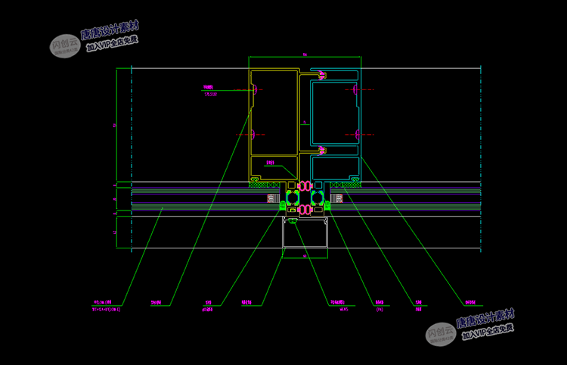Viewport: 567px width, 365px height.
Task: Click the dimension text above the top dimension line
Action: [x=305, y=55]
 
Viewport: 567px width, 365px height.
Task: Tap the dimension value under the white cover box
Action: [x=305, y=256]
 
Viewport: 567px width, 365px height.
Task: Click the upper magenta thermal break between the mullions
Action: [x=305, y=185]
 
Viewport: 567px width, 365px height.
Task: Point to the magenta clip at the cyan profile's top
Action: [x=321, y=75]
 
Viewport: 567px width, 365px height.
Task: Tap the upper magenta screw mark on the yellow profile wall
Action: [x=255, y=91]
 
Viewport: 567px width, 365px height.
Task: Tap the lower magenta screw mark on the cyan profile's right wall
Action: [x=355, y=135]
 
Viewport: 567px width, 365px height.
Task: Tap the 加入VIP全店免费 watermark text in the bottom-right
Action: [x=488, y=330]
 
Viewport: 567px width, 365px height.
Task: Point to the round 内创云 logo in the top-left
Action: [x=65, y=45]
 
